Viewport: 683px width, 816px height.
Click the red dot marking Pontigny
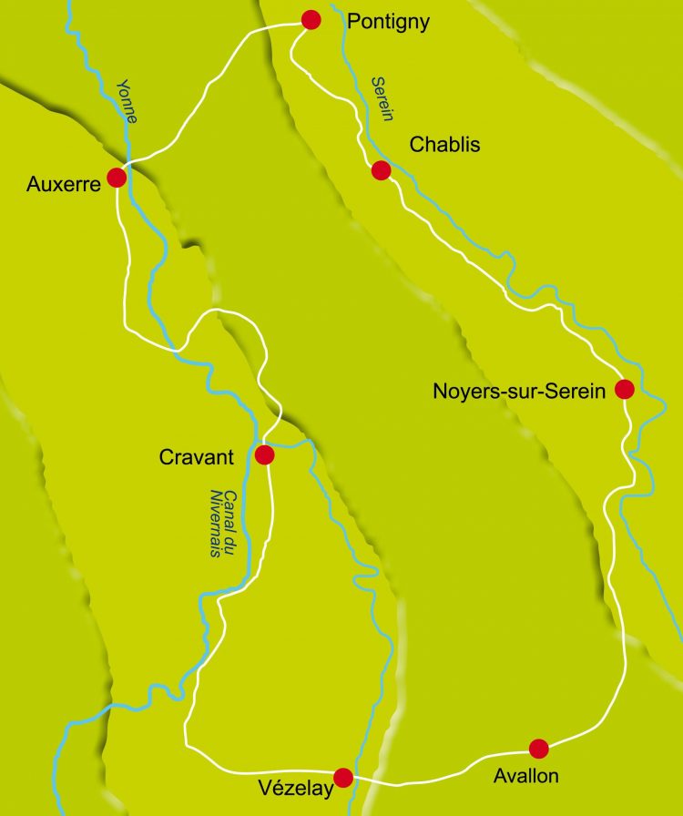(311, 20)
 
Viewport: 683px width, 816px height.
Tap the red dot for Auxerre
(117, 178)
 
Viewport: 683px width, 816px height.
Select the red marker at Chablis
(382, 170)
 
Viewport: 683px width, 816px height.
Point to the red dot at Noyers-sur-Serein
(625, 390)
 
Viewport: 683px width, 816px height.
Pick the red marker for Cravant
(265, 454)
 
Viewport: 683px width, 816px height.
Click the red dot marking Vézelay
(343, 777)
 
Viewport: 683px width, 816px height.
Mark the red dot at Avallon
(539, 749)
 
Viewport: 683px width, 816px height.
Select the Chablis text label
(444, 145)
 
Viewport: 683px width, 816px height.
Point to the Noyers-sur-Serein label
(519, 393)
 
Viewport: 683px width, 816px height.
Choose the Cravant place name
(198, 458)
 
